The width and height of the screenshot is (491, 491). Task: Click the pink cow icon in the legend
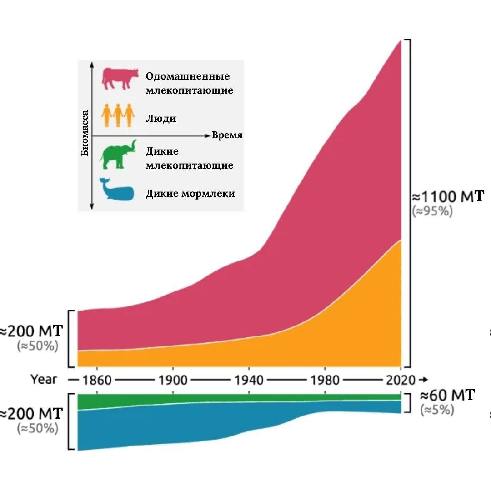click(120, 79)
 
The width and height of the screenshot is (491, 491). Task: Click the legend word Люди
click(160, 119)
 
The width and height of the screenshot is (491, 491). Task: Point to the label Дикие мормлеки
click(190, 193)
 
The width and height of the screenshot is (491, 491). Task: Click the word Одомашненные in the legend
click(187, 76)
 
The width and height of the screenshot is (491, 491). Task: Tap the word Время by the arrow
click(227, 135)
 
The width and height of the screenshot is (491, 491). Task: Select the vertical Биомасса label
click(85, 133)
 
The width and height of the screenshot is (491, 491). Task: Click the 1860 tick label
click(97, 380)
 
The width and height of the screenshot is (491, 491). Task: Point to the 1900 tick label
click(173, 380)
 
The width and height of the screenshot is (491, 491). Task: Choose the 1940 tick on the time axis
click(249, 380)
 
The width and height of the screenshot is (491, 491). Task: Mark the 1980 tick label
click(325, 380)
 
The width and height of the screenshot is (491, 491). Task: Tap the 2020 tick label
click(400, 380)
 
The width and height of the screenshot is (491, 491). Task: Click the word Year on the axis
click(44, 379)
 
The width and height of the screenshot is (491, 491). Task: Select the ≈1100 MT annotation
click(448, 197)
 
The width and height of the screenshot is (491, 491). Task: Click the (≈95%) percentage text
click(432, 211)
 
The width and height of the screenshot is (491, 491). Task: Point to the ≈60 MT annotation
click(446, 395)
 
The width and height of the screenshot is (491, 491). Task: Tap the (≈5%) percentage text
click(437, 410)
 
